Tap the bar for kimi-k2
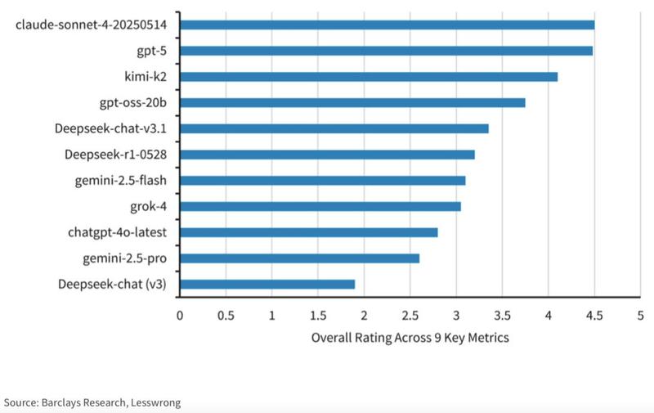[x=369, y=77]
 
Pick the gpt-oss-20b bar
[x=352, y=102]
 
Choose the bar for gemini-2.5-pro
[x=299, y=258]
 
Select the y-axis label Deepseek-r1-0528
[x=117, y=155]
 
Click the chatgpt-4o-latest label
[x=119, y=232]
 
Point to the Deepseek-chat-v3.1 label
[x=112, y=128]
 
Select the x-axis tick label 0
[x=180, y=314]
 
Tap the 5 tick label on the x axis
[x=640, y=314]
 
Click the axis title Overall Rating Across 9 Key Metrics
[x=410, y=338]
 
